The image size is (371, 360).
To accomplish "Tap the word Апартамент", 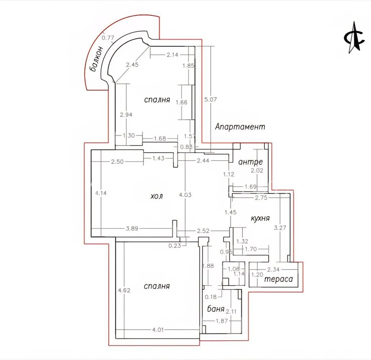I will click(240, 127).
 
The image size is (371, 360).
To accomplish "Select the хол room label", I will click(157, 196).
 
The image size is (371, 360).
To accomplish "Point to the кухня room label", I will click(260, 218).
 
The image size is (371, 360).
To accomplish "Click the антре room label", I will click(251, 162).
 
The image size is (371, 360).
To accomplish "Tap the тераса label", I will click(278, 279).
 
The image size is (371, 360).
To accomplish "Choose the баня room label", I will click(216, 309).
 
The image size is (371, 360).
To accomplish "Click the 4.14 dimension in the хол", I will click(101, 193).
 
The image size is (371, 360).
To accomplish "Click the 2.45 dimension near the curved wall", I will click(132, 65).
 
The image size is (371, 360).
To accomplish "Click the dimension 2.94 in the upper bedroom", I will click(126, 115).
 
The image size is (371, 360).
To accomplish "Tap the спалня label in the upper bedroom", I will click(157, 100).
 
